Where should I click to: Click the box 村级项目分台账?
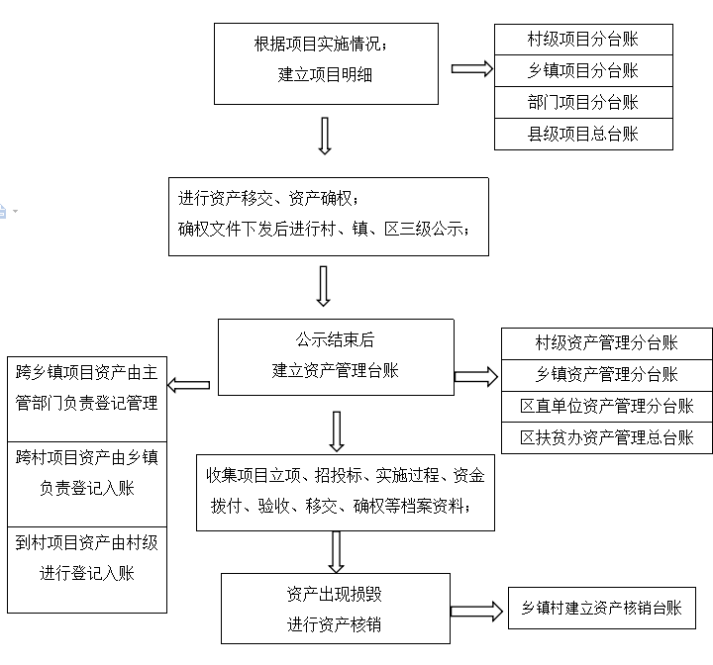click(583, 40)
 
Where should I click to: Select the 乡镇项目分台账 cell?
click(583, 70)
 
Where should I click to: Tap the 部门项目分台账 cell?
click(583, 102)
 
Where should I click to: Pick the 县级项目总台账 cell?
click(583, 134)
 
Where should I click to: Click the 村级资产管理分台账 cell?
click(607, 342)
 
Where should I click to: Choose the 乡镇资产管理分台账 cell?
click(607, 374)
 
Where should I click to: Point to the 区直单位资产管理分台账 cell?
click(607, 406)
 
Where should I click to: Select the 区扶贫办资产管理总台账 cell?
click(607, 437)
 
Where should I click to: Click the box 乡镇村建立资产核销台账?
click(602, 609)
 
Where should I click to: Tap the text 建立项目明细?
click(326, 74)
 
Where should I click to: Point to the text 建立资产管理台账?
click(335, 370)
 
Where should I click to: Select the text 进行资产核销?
click(335, 624)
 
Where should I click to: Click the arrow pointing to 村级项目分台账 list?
click(471, 69)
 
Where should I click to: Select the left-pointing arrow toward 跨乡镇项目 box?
click(188, 384)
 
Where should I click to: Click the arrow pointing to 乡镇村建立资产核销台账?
click(479, 611)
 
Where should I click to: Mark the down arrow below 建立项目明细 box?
click(325, 137)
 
